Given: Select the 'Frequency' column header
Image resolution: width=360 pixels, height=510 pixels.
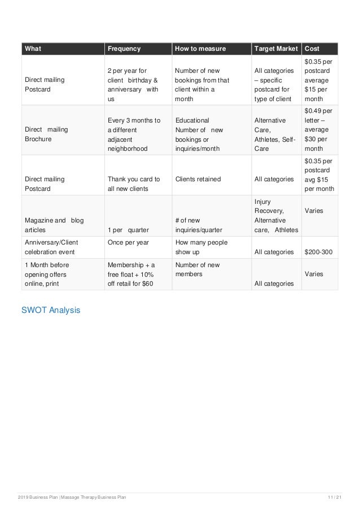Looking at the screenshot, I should click(x=124, y=49).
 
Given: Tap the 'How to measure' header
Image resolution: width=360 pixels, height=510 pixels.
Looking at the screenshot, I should click(x=200, y=49).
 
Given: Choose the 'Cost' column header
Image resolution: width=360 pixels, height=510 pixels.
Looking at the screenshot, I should click(x=312, y=49).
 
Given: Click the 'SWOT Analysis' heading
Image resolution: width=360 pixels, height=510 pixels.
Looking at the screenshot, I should click(x=51, y=310).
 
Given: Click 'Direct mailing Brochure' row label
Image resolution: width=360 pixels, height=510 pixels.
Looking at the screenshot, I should click(x=46, y=134).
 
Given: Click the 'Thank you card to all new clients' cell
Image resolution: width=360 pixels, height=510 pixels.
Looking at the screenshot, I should click(x=134, y=184).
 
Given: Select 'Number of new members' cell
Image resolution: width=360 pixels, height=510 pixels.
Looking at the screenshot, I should click(x=197, y=269).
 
